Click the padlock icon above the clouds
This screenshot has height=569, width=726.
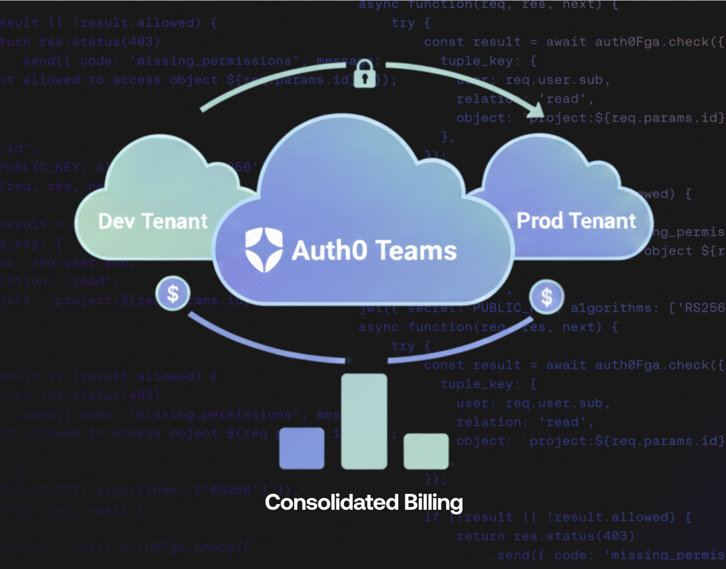click(365, 74)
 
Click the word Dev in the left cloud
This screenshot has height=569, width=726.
click(117, 222)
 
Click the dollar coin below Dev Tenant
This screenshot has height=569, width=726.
click(173, 294)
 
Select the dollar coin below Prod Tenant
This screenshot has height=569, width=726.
click(546, 297)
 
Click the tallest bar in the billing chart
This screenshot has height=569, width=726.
click(364, 421)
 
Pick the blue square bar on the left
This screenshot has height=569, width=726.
click(302, 448)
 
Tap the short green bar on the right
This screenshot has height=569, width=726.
click(426, 451)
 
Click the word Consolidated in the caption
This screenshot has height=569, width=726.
click(332, 503)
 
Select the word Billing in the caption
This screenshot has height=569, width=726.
click(433, 503)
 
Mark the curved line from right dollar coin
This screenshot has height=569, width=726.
click(459, 347)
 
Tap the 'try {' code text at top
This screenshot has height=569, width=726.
click(411, 23)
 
